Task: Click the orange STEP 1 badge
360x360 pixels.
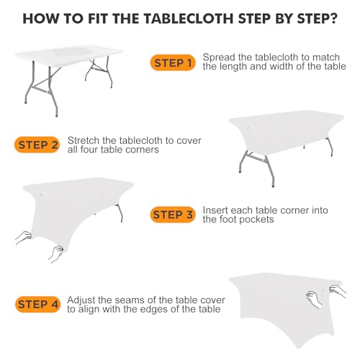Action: [x=173, y=63]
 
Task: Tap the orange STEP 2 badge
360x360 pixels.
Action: [x=37, y=145]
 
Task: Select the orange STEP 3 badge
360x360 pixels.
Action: [x=173, y=215]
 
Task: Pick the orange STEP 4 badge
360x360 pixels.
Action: [x=37, y=305]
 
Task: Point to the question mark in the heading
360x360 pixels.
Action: [x=333, y=18]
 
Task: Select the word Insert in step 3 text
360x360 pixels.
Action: [x=214, y=210]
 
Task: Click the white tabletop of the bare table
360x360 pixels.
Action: [x=68, y=55]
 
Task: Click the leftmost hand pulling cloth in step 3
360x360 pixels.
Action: [x=24, y=237]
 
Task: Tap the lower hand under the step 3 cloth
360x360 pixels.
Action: [x=56, y=253]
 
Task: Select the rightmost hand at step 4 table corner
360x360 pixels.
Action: [x=338, y=290]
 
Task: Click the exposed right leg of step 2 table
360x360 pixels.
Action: [x=330, y=146]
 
